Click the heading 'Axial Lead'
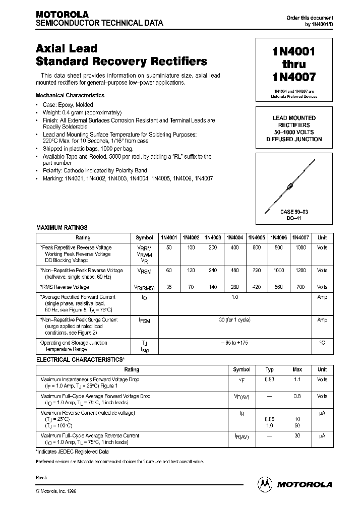pos(67,49)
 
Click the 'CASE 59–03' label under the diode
pos(294,212)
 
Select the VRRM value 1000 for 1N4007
pos(300,247)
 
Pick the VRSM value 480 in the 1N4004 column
pos(234,271)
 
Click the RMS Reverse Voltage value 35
pos(168,287)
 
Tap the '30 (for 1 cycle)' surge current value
pos(234,320)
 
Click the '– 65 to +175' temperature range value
pos(234,343)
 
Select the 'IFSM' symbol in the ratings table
pos(144,321)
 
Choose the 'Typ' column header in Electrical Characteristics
pos(269,370)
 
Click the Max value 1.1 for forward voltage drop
pos(297,379)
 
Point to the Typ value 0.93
pos(269,379)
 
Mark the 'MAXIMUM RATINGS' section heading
pos(62,228)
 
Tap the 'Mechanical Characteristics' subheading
pos(70,95)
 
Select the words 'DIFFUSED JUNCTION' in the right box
pos(294,139)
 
